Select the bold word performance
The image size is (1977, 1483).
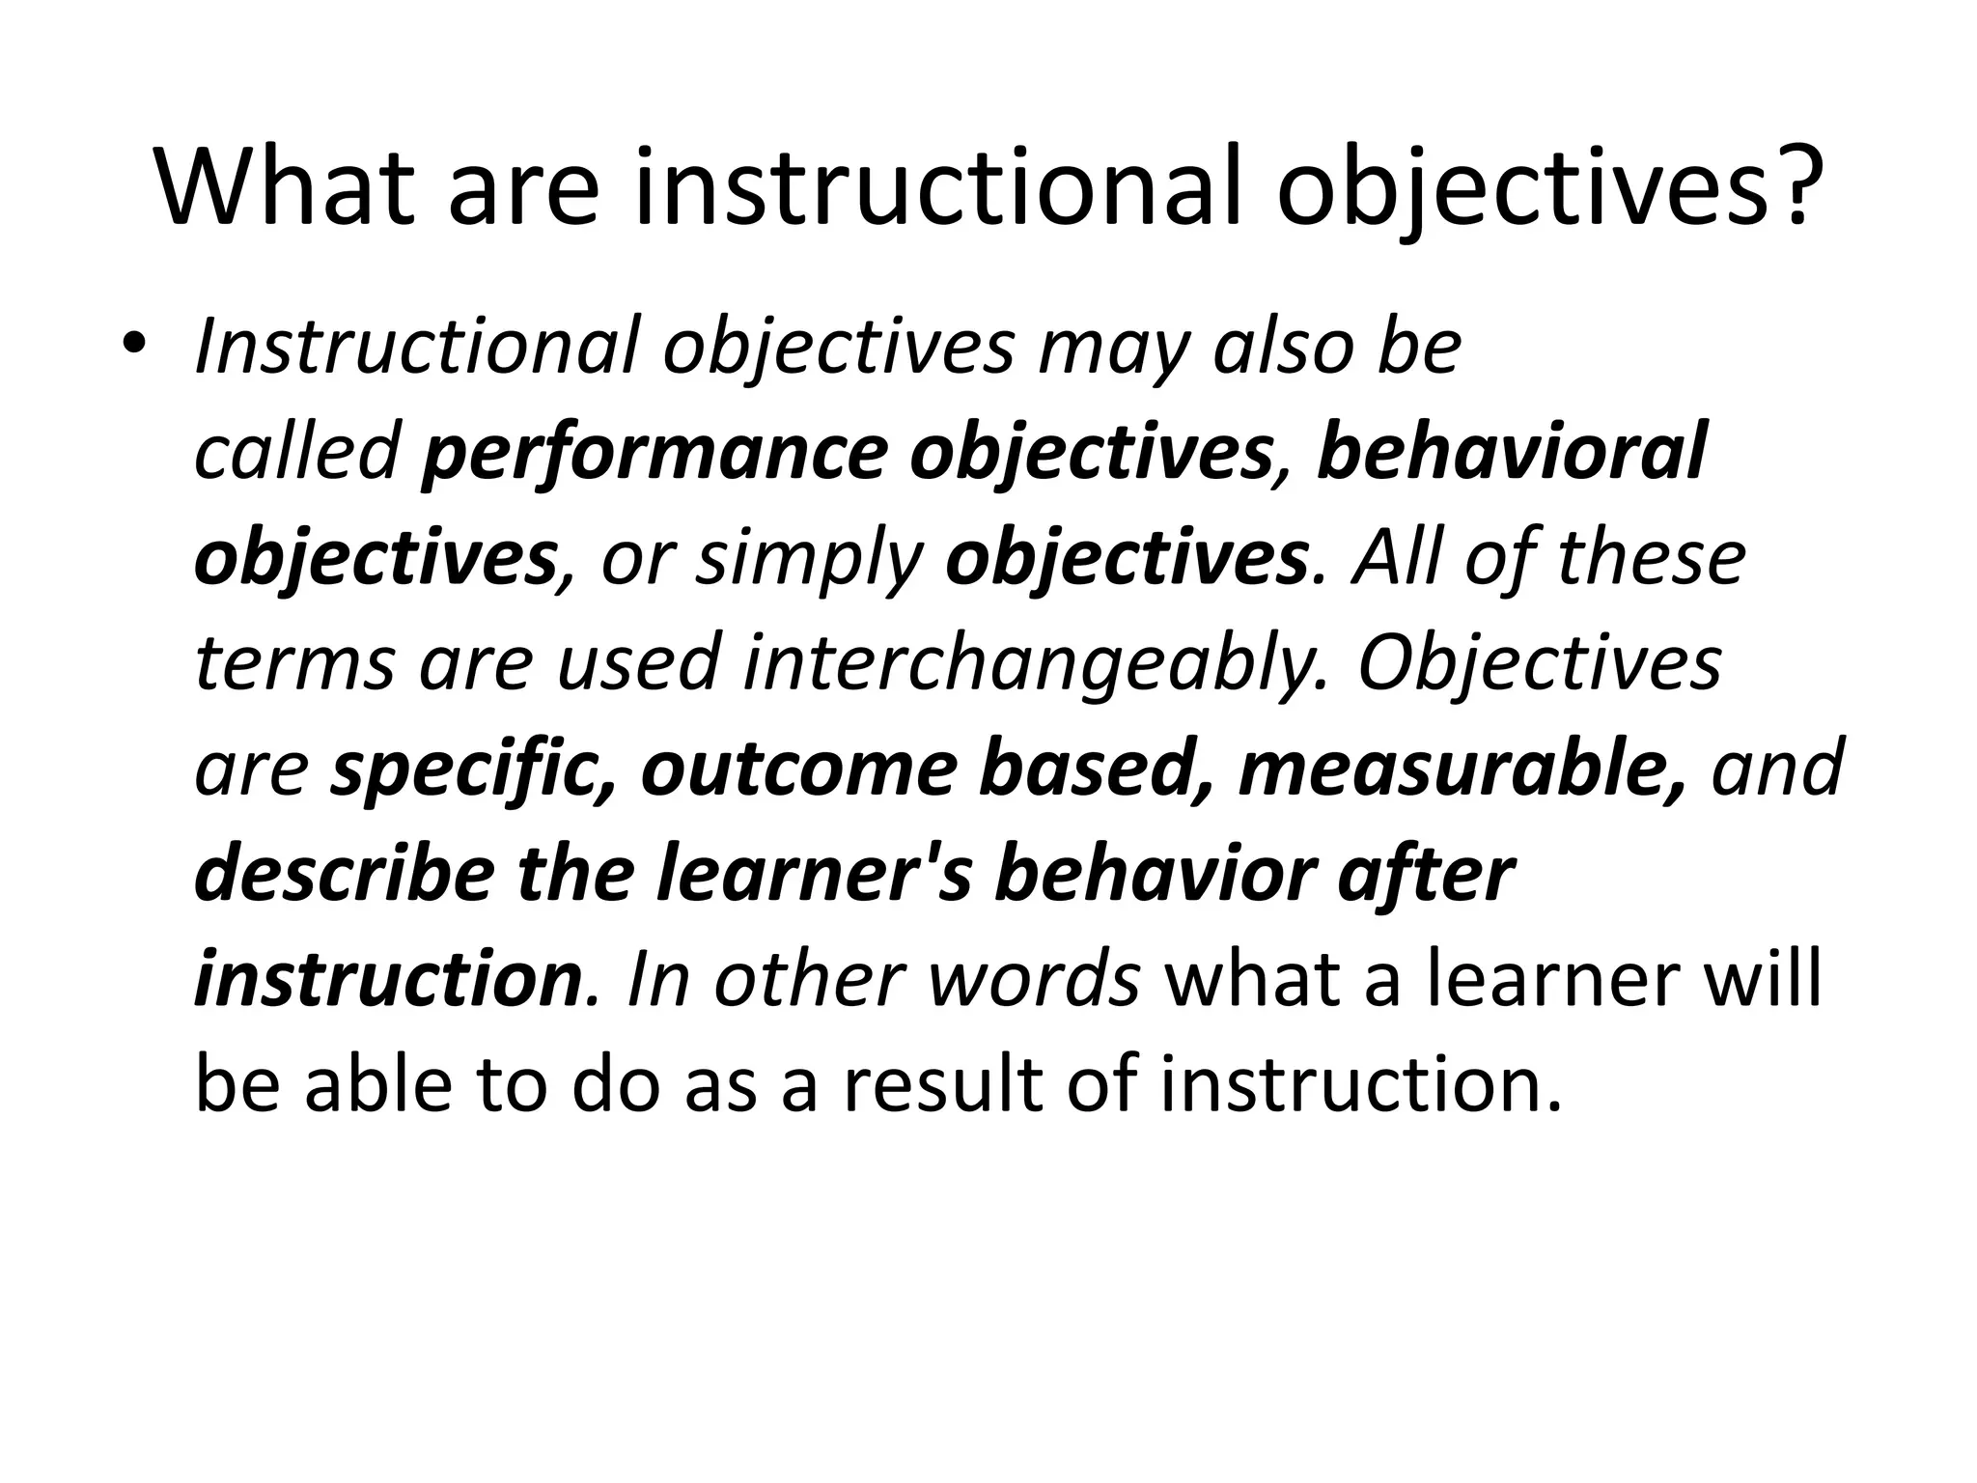[x=654, y=454]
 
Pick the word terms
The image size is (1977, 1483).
[x=294, y=664]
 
